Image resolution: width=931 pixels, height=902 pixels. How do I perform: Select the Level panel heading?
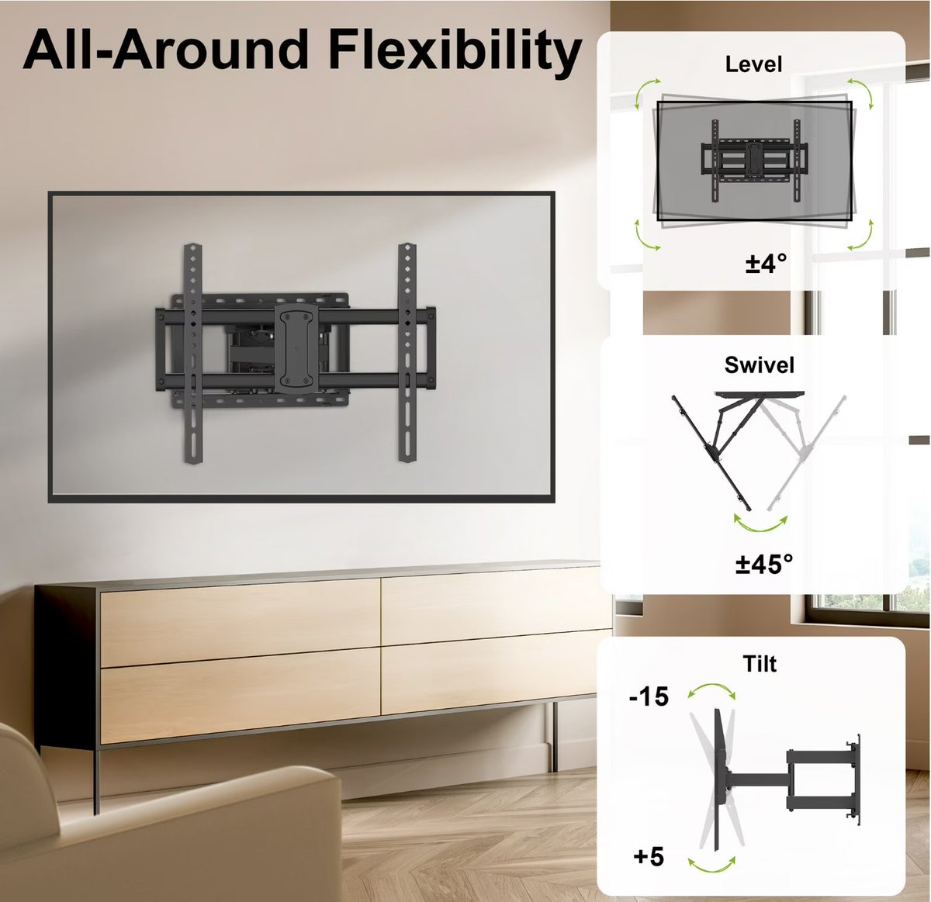point(753,64)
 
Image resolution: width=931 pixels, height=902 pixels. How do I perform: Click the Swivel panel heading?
point(759,365)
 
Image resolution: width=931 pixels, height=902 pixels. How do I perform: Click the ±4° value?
point(766,263)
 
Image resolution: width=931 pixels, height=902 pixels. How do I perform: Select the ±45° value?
point(764,564)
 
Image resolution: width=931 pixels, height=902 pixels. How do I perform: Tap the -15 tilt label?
point(649,696)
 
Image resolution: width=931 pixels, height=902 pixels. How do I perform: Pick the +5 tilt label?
point(649,856)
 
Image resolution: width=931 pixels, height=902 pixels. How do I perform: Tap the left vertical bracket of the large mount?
point(193,353)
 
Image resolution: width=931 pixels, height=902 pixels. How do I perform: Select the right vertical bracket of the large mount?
point(407,352)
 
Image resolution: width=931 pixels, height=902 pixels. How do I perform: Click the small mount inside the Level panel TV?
point(754,161)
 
